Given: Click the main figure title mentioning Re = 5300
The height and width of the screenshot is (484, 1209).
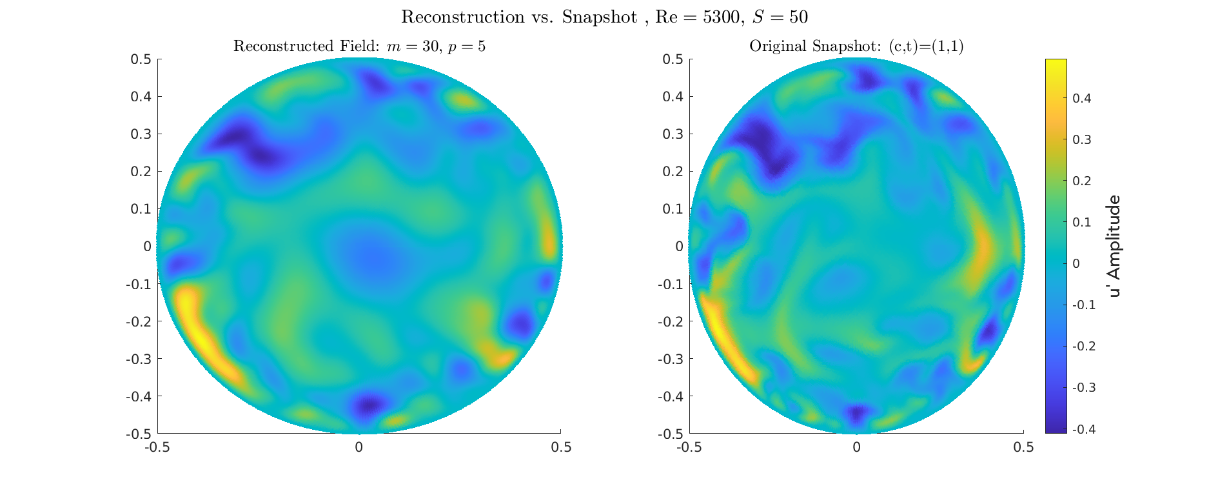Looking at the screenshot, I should pos(604,17).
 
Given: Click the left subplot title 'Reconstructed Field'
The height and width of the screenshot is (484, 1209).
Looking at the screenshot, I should pos(359,46).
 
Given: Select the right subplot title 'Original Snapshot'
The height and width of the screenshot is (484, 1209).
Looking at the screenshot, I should pos(856,46).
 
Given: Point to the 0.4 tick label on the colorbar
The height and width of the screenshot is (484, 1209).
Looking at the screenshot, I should pos(1081,98).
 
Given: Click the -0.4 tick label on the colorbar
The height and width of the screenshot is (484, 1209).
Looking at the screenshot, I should pos(1083,429).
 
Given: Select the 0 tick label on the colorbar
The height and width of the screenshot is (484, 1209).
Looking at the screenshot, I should pos(1076,263).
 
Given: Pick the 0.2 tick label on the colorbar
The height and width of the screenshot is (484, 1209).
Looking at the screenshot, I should pos(1081,181).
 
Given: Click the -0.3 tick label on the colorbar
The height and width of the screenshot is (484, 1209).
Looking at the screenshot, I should pos(1083,387).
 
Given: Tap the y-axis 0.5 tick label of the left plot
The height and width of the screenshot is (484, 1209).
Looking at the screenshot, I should pos(141,59).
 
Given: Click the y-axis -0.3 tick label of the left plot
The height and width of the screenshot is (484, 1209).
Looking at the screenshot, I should pos(138,359).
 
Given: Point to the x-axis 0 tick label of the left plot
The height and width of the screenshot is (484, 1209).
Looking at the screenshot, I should pos(359,447).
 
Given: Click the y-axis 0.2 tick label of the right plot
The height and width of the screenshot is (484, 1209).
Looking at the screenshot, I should pos(673,172).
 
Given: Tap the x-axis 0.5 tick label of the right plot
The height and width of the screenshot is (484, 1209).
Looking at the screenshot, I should pos(1023,447).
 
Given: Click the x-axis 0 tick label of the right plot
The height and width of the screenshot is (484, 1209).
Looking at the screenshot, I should pos(856,447).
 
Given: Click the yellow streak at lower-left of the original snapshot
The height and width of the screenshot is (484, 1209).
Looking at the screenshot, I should pos(722,336).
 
